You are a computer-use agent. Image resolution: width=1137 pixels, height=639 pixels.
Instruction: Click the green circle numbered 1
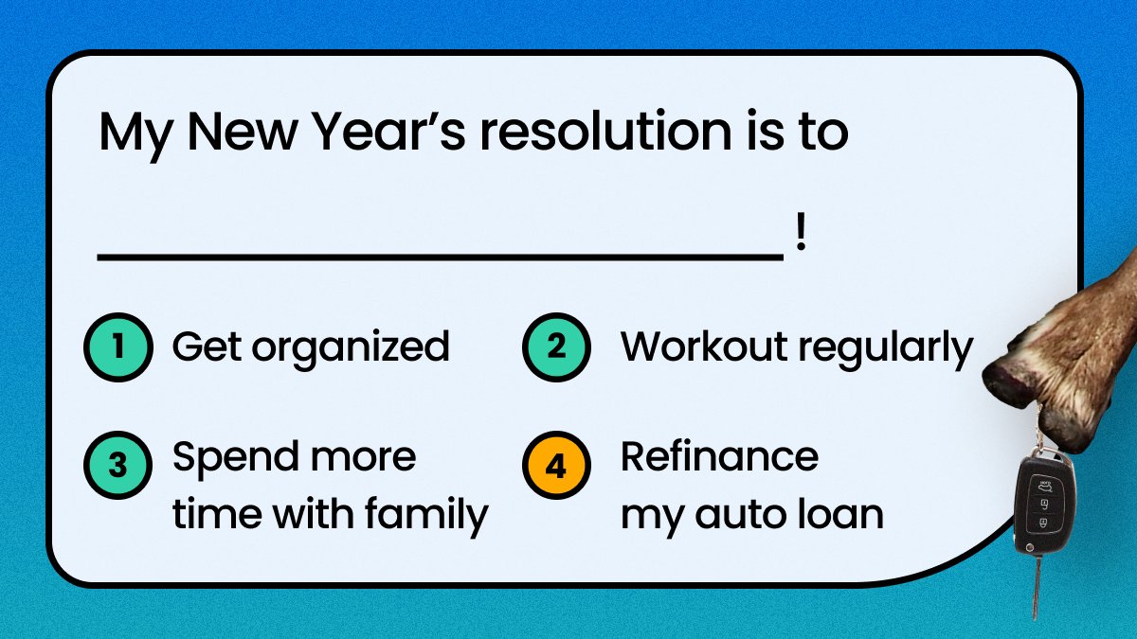pos(117,347)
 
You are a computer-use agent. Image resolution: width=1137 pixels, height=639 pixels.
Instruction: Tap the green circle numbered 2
pos(556,347)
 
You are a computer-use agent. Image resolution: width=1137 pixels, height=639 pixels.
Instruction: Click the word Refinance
pos(719,457)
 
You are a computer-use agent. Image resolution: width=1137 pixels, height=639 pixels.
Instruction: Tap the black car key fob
pos(1045,502)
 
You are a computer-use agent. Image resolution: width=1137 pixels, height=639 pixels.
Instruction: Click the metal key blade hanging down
pos(1038,587)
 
